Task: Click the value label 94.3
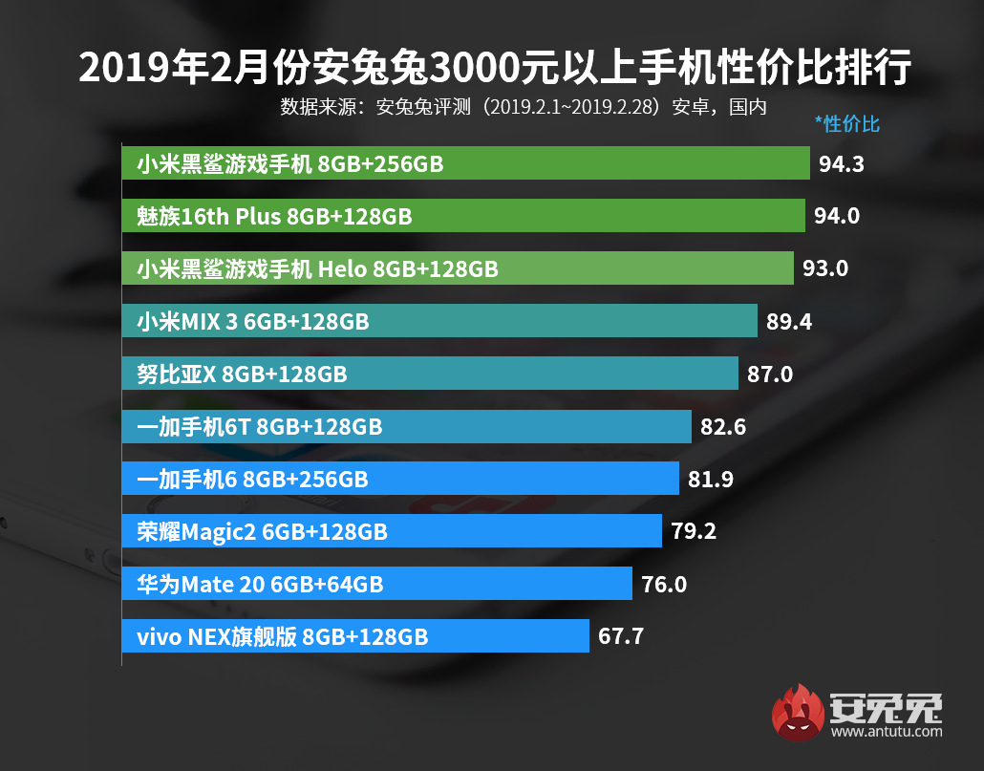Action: click(x=841, y=164)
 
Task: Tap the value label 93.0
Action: click(x=825, y=268)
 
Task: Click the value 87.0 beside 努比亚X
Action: click(x=770, y=374)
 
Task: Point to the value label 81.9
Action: click(x=711, y=479)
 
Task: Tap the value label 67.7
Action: click(x=621, y=635)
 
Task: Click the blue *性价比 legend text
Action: click(x=846, y=123)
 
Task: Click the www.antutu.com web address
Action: click(x=887, y=733)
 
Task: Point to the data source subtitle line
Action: click(x=524, y=107)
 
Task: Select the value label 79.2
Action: click(x=694, y=530)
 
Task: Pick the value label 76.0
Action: click(x=664, y=583)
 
